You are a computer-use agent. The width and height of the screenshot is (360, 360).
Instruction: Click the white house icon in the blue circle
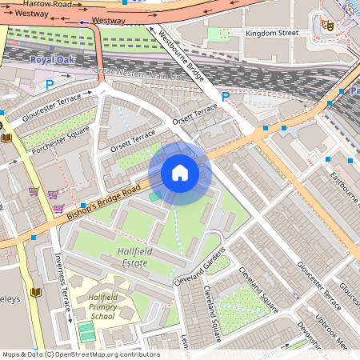click(180, 173)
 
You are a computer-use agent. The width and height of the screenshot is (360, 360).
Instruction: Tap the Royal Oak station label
click(52, 60)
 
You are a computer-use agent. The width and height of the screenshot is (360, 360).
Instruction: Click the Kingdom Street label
click(271, 33)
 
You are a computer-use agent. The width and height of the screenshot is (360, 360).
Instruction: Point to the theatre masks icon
click(326, 25)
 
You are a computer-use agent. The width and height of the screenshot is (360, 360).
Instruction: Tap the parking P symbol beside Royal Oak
click(50, 84)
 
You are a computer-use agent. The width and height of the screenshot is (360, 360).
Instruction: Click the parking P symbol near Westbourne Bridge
click(226, 96)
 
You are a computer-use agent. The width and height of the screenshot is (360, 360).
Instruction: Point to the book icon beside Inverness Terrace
click(35, 292)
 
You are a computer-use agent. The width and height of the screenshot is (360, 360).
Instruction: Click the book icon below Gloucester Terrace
click(7, 137)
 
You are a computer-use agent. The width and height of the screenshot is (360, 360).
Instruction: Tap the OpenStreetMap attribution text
click(80, 354)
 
